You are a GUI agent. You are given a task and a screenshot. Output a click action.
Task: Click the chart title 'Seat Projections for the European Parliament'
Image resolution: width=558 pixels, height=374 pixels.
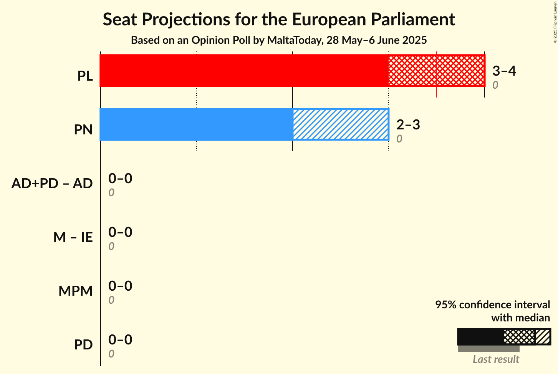pyautogui.click(x=279, y=20)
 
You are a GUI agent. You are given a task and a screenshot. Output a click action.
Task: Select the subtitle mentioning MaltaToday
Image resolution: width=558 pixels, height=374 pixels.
pyautogui.click(x=279, y=40)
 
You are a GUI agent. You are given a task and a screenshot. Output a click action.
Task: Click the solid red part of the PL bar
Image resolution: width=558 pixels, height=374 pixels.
pyautogui.click(x=244, y=71)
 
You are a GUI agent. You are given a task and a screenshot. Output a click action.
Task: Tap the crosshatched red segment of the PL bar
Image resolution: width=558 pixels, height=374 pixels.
pyautogui.click(x=436, y=71)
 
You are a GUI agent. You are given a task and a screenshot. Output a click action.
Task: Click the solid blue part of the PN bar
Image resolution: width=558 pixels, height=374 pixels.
pyautogui.click(x=196, y=124)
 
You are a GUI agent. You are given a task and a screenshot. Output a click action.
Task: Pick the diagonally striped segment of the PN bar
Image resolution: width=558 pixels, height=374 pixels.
pyautogui.click(x=341, y=124)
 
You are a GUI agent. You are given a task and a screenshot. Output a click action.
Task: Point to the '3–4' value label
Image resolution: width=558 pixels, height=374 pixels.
pyautogui.click(x=504, y=71)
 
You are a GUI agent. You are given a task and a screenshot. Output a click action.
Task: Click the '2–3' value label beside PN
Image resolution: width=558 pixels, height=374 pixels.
pyautogui.click(x=408, y=124)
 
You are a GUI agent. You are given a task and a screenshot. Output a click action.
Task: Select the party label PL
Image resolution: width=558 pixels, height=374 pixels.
pyautogui.click(x=85, y=76)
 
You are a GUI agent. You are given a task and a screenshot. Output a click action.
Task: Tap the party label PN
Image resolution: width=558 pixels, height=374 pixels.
pyautogui.click(x=83, y=130)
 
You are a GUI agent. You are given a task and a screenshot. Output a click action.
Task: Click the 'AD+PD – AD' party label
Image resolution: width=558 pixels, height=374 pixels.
pyautogui.click(x=52, y=184)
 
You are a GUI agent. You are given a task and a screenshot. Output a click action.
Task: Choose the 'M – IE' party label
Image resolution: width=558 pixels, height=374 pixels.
pyautogui.click(x=73, y=237)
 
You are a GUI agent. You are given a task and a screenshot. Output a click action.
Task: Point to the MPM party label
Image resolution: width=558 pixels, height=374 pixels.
pyautogui.click(x=76, y=291)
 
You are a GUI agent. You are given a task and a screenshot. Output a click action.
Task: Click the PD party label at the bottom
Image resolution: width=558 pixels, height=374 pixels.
pyautogui.click(x=83, y=345)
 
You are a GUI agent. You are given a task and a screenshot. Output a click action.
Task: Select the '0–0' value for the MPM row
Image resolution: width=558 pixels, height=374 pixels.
pyautogui.click(x=120, y=286)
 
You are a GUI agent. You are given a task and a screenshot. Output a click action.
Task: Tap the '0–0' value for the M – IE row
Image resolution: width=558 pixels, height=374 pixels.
pyautogui.click(x=120, y=232)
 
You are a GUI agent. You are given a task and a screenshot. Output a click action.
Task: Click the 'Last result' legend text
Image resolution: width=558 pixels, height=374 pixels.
pyautogui.click(x=496, y=359)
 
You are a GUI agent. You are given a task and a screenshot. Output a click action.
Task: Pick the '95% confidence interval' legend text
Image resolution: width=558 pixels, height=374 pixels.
pyautogui.click(x=492, y=304)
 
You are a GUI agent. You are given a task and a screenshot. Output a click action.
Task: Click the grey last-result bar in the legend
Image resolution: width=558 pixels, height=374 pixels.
pyautogui.click(x=488, y=349)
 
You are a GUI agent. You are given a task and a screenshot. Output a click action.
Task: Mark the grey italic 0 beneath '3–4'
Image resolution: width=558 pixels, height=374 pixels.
pyautogui.click(x=495, y=85)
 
